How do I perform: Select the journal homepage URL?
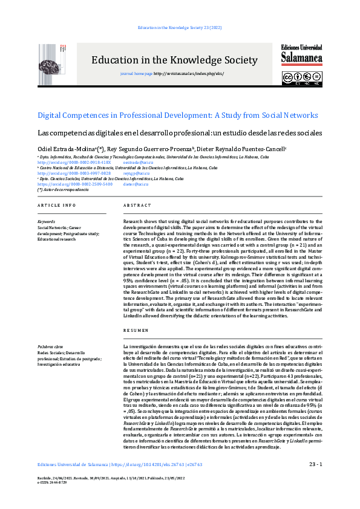(180, 73)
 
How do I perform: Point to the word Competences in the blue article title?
(87, 115)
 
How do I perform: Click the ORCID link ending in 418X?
(74, 163)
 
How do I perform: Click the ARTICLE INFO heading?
(57, 206)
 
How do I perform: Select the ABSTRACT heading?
(137, 206)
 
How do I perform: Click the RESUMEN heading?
(136, 331)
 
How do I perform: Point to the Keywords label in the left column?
(46, 221)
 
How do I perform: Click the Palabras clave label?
(50, 346)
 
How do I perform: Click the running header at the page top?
(180, 28)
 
